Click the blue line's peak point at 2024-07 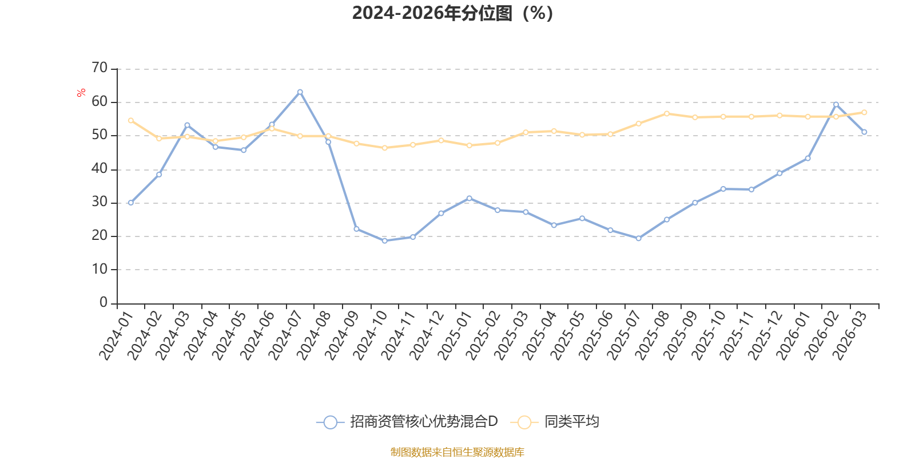pyautogui.click(x=300, y=92)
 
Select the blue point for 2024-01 pyautogui.click(x=131, y=203)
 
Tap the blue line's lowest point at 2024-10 pyautogui.click(x=385, y=241)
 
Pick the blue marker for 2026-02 pyautogui.click(x=836, y=105)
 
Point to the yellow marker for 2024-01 pyautogui.click(x=131, y=121)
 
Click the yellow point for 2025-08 pyautogui.click(x=667, y=114)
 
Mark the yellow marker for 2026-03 pyautogui.click(x=864, y=112)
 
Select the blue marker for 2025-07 pyautogui.click(x=638, y=238)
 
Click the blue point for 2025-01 pyautogui.click(x=470, y=198)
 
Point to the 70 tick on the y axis pyautogui.click(x=100, y=68)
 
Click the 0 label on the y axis pyautogui.click(x=104, y=303)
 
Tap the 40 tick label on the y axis pyautogui.click(x=100, y=168)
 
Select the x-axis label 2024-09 pyautogui.click(x=341, y=336)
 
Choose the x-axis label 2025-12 pyautogui.click(x=765, y=336)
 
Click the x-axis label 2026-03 pyautogui.click(x=849, y=336)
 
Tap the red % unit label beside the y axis pyautogui.click(x=81, y=93)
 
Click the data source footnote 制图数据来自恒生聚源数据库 pyautogui.click(x=457, y=452)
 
